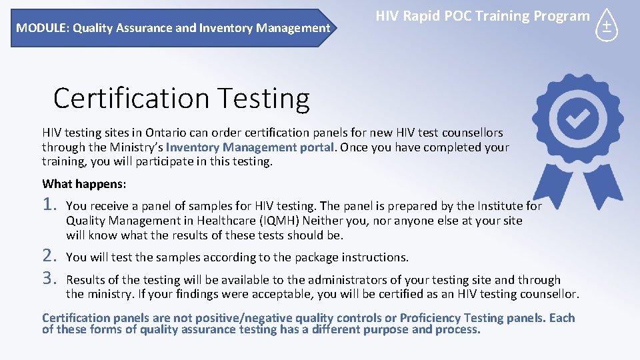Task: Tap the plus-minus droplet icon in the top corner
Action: click(x=607, y=25)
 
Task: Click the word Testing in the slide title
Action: click(x=273, y=98)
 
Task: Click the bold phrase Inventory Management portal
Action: click(x=249, y=147)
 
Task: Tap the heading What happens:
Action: click(x=84, y=183)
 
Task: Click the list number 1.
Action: click(x=51, y=206)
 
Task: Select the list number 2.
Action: click(x=51, y=255)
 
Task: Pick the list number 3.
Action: click(x=51, y=279)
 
